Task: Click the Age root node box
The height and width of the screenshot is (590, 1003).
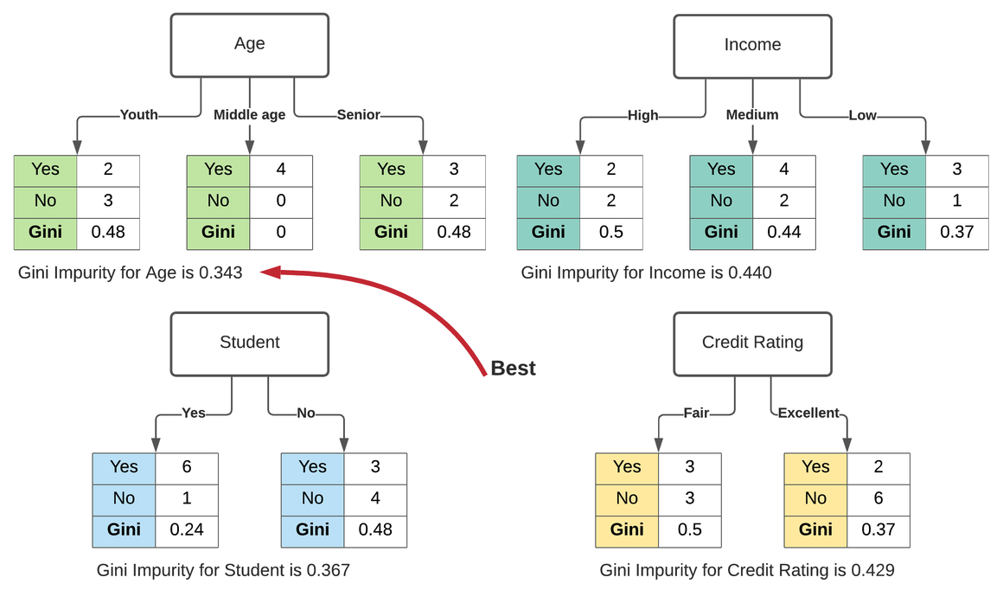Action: [249, 45]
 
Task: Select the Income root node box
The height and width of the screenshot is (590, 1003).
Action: [752, 45]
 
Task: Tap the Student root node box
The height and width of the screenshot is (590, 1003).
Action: [249, 343]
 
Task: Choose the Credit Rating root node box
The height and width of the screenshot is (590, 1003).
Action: [752, 343]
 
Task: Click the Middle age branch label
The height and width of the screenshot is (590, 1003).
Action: [249, 115]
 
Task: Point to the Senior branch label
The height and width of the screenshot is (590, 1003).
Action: [358, 115]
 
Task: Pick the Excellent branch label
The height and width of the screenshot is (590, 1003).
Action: [808, 414]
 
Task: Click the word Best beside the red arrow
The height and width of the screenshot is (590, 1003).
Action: [513, 369]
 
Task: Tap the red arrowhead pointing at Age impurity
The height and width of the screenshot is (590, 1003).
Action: [269, 273]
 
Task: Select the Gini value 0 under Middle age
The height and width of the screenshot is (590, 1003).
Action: [281, 232]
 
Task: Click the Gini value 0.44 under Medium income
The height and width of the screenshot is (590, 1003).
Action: [783, 232]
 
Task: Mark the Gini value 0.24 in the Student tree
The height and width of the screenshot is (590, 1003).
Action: [187, 529]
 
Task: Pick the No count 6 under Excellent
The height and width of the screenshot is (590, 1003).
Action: [878, 498]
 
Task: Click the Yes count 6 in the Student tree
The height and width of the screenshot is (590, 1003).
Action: [187, 467]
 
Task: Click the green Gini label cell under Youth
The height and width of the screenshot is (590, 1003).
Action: [45, 232]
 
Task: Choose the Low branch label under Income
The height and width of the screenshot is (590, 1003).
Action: [862, 116]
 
